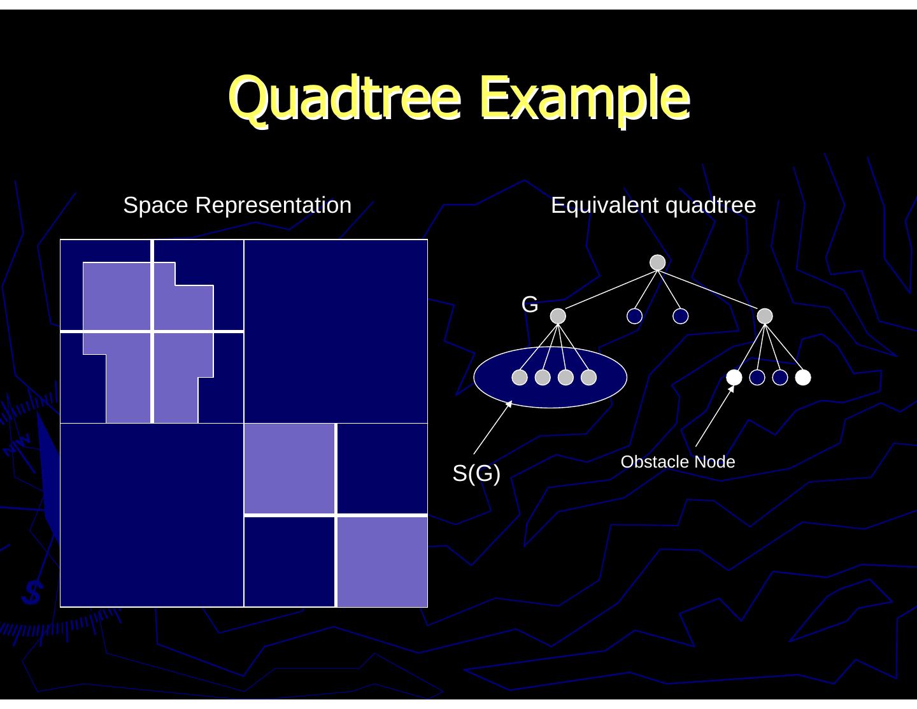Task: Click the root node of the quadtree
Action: (657, 262)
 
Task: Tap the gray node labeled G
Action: (558, 316)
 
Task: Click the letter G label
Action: (530, 304)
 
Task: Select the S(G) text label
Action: (476, 473)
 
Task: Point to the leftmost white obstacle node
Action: (734, 378)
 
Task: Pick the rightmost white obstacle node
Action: (803, 378)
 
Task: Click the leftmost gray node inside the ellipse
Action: (520, 378)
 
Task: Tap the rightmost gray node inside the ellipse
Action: (589, 378)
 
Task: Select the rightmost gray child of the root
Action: (765, 316)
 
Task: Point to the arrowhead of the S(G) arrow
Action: (509, 404)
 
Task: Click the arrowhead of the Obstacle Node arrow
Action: (732, 389)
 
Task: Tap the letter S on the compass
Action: (31, 593)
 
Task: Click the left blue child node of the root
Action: (634, 316)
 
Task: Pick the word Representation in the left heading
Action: (273, 205)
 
